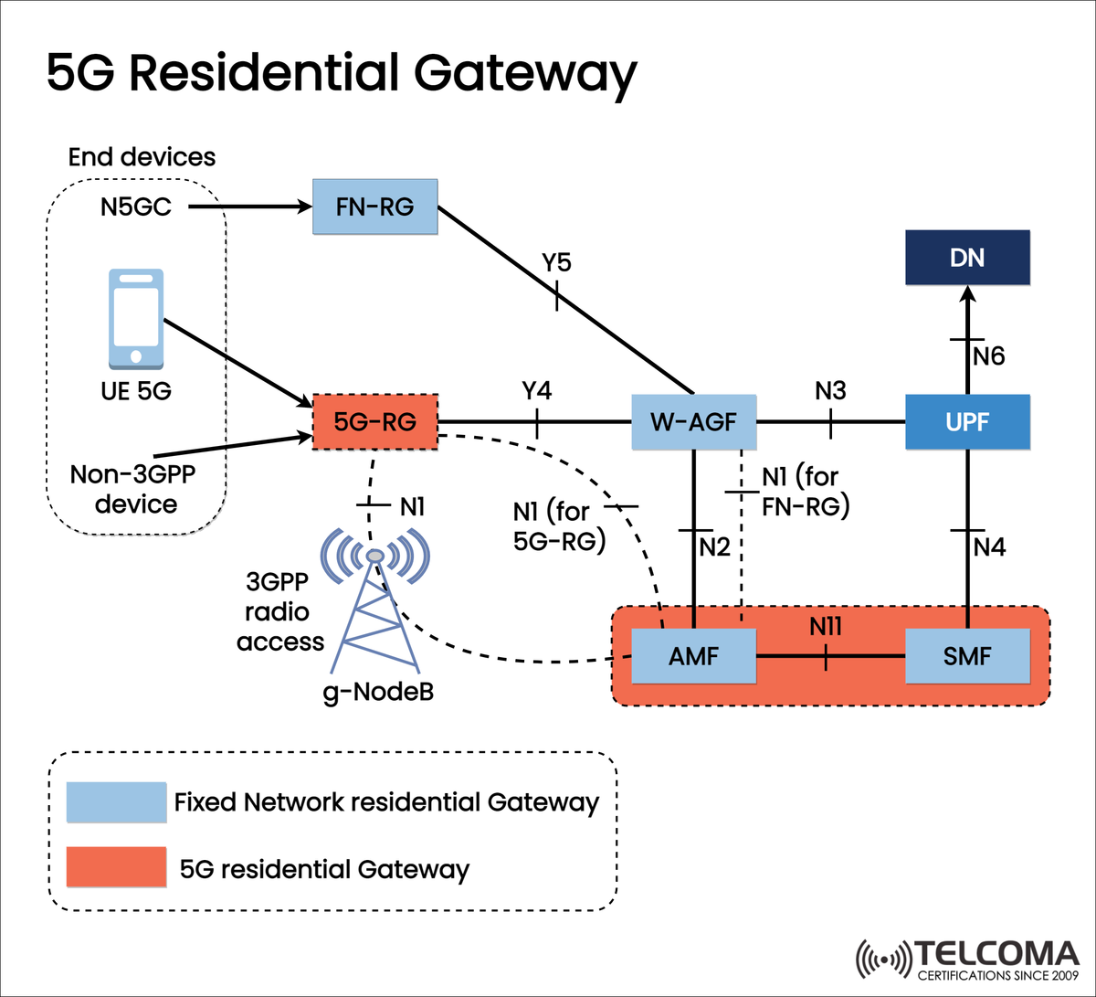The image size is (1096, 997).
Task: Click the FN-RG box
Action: coord(375,207)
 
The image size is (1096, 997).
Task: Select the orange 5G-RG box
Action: coord(375,422)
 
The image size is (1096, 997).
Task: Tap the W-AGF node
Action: coord(694,422)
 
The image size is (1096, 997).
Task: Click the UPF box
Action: coord(967,422)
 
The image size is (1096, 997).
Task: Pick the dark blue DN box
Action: coord(967,258)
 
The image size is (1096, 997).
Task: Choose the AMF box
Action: coord(694,656)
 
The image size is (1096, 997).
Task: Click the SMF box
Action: coord(967,656)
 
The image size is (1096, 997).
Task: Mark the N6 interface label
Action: coord(988,356)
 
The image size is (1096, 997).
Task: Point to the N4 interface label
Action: coord(989,546)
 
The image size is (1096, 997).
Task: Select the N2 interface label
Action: coord(715,546)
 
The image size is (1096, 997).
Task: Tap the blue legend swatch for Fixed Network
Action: coord(116,802)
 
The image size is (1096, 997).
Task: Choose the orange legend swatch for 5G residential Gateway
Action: coord(116,867)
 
